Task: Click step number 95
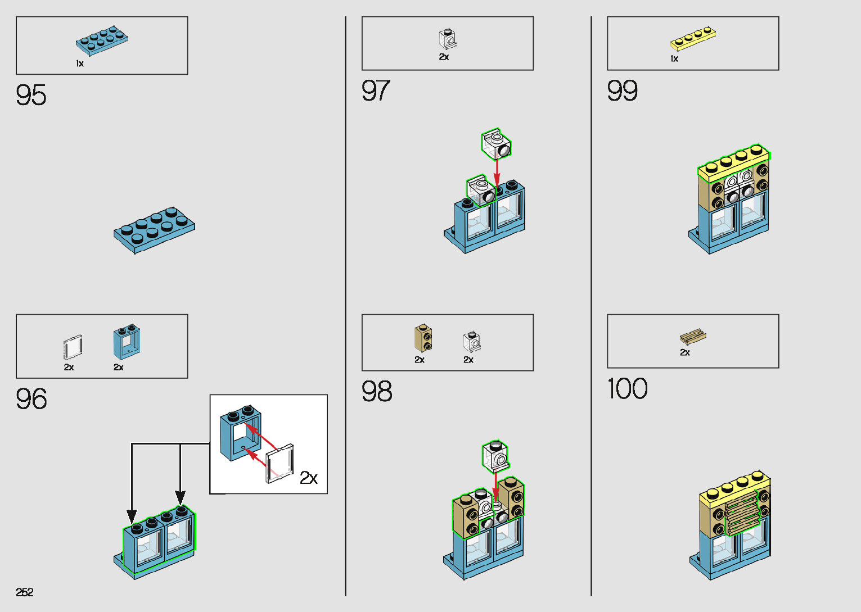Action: pos(31,95)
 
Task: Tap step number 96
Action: pos(31,399)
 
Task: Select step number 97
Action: pos(376,90)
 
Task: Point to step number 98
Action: pos(377,391)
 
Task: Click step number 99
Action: pos(622,90)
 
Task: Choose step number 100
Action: pos(627,389)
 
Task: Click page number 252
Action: pos(25,592)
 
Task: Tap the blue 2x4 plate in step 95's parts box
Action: pos(102,41)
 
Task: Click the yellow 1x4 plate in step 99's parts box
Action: pos(693,39)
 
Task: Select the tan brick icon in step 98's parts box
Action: pos(423,338)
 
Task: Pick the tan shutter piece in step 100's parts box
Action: pos(693,337)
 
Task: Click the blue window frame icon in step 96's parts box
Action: pos(127,342)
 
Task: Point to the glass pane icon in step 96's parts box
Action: pos(73,347)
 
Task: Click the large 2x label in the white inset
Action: pos(309,478)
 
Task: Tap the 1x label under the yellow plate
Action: pos(674,59)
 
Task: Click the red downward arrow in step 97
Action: pos(497,172)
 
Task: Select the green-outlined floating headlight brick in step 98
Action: pos(495,456)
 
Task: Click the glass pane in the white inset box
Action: pos(280,464)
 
